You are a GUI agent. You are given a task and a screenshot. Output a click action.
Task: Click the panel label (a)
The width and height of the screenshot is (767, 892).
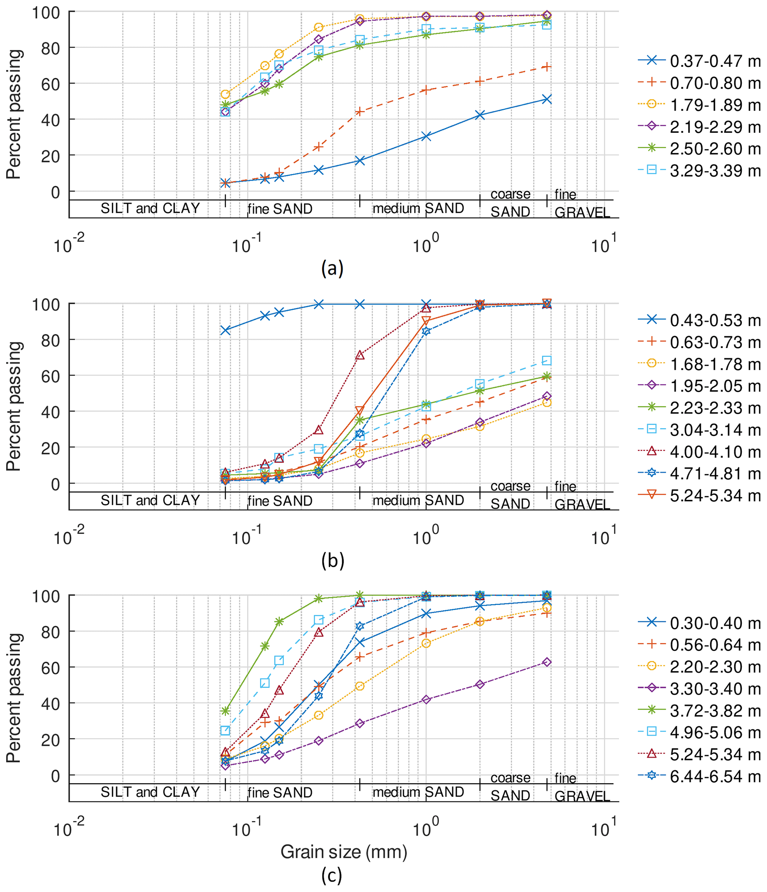coord(332,268)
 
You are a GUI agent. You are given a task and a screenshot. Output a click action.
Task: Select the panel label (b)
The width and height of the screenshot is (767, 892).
coord(332,561)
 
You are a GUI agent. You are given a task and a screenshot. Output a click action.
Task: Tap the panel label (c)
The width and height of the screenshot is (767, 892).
coord(332,876)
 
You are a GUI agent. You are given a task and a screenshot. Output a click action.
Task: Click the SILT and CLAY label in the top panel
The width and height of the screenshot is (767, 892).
coord(150,209)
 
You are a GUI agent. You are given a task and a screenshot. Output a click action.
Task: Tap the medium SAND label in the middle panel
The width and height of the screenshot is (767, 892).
coord(418,500)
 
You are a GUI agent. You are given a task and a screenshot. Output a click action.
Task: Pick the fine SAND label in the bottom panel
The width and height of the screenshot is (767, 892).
coord(280,793)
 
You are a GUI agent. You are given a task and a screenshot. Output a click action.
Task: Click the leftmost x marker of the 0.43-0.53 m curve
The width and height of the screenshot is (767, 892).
coord(225,330)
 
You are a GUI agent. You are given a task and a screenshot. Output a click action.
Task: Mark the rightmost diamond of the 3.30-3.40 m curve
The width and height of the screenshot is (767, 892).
coord(547,662)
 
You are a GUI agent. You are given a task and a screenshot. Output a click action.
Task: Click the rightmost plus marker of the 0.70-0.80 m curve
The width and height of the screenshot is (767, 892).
coord(547,67)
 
